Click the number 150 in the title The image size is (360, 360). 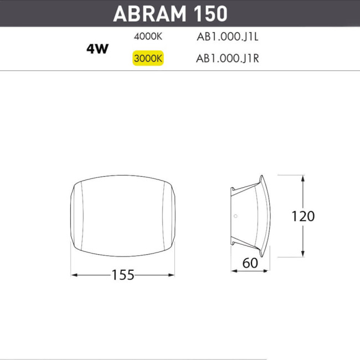click(211, 14)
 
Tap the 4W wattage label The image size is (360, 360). click(97, 48)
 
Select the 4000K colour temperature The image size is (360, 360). click(148, 38)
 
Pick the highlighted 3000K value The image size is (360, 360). click(148, 58)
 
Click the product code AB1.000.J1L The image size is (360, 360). click(228, 38)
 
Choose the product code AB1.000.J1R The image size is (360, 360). click(228, 58)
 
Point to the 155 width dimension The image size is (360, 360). click(123, 275)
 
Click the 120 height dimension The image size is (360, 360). click(303, 216)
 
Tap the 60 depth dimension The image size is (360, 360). click(250, 263)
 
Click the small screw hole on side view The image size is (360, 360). click(235, 216)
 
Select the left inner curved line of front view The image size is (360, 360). click(81, 216)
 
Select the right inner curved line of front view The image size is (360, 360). click(164, 216)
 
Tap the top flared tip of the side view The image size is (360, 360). click(262, 178)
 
